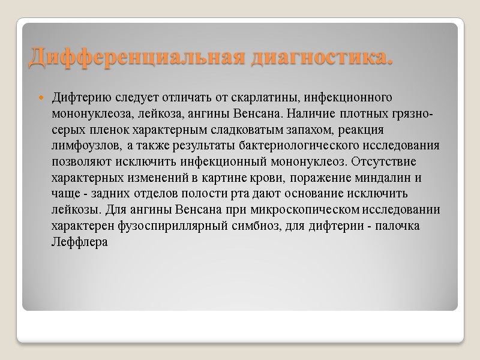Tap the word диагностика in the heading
[322, 58]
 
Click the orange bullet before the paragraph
[41, 97]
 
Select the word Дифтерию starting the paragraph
[76, 97]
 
